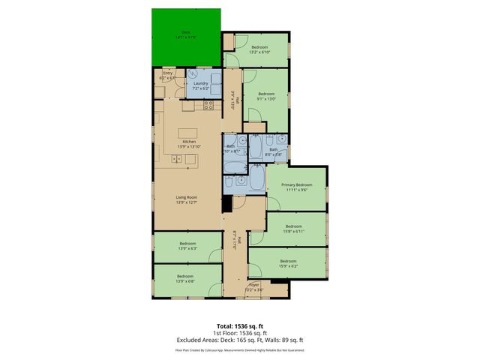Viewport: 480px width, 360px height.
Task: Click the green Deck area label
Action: coord(185,34)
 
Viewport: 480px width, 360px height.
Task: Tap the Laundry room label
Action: coord(200,85)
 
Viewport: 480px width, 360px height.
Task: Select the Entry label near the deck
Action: coord(167,74)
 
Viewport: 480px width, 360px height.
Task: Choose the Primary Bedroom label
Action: coord(297,187)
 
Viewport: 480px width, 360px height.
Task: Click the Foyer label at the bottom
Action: coord(255,287)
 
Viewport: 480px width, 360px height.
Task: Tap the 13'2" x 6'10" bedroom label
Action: coord(259,49)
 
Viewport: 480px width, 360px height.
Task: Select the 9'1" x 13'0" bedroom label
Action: coord(266,96)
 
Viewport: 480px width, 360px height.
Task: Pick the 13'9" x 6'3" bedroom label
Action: coord(188,246)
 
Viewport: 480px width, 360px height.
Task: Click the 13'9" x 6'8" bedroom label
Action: coord(185,278)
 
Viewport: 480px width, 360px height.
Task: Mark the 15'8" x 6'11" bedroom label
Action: coord(293,228)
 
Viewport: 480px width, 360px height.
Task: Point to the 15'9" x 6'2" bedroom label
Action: coord(289,263)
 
